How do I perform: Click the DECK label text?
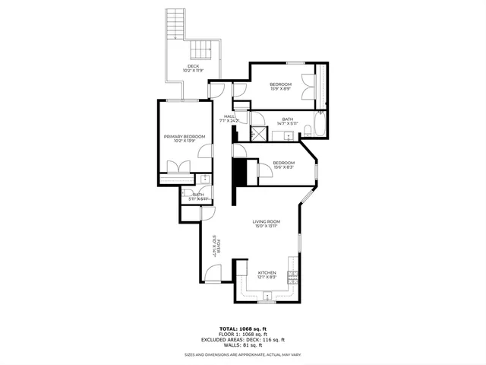point(194,67)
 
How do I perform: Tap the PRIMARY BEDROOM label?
point(185,136)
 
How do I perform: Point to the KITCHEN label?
point(267,272)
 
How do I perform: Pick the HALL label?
point(229,116)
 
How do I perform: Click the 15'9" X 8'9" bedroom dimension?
point(282,89)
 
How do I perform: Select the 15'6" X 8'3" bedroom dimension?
point(283,167)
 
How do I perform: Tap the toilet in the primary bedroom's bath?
point(204,179)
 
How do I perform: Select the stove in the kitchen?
point(292,278)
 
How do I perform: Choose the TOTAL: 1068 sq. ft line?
point(242,328)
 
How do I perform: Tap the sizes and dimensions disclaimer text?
point(242,354)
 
